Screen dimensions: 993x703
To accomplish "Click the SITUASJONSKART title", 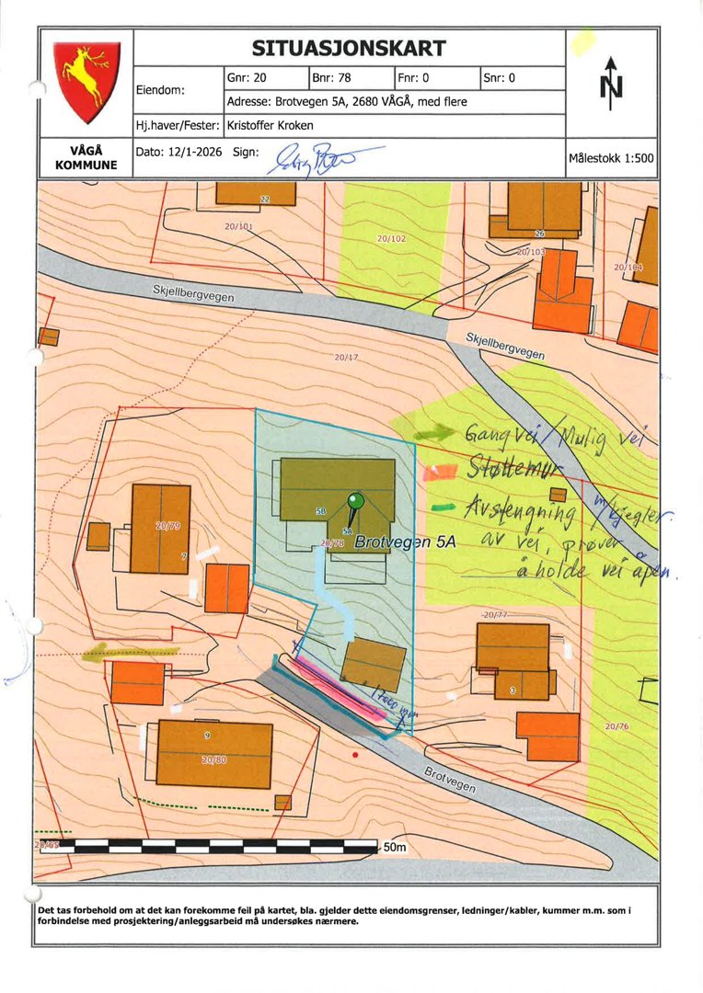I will [x=349, y=49].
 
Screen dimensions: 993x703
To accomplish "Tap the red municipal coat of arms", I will [x=86, y=82].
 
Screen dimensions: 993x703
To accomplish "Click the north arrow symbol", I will [x=611, y=83].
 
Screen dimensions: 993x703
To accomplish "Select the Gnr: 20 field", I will [x=247, y=78].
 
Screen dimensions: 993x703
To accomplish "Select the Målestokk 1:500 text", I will [x=611, y=158].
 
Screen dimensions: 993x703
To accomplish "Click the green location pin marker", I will [x=355, y=503].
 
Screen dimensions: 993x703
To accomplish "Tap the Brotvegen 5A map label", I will [x=406, y=542].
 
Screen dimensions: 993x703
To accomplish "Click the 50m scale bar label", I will [x=394, y=846].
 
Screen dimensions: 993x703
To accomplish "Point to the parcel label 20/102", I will [x=391, y=239].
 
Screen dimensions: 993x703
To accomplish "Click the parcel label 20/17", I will [x=346, y=357].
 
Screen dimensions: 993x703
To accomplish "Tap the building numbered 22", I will [x=257, y=193].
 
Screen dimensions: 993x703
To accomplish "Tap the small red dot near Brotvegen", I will [x=355, y=754].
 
